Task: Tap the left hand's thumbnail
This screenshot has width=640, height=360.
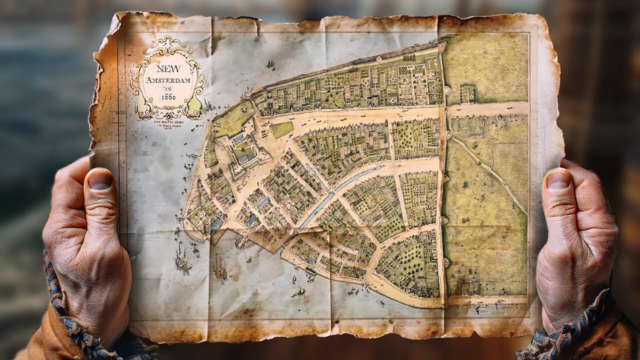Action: pyautogui.click(x=100, y=180)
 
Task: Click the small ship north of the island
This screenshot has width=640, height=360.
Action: pyautogui.click(x=270, y=64)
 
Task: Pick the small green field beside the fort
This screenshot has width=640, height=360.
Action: pyautogui.click(x=281, y=129)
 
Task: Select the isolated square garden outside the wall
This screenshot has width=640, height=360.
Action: pyautogui.click(x=468, y=92)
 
